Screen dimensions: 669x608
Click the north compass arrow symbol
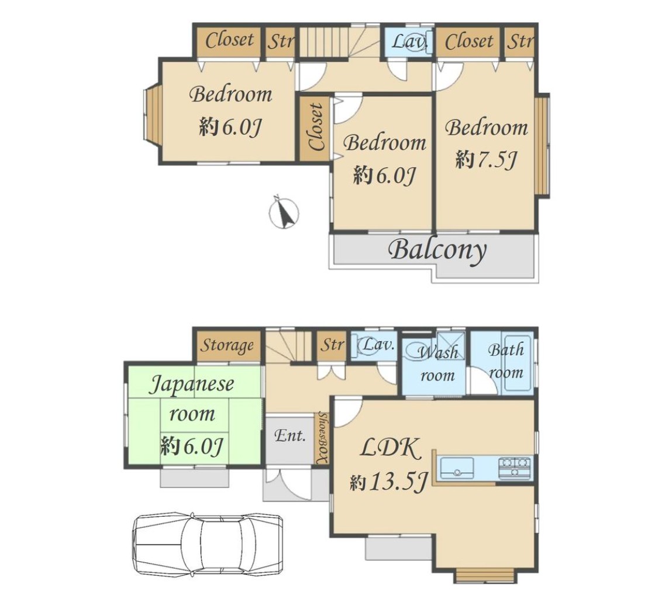point(284,212)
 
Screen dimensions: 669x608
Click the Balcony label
point(438,250)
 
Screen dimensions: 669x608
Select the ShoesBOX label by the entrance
point(322,438)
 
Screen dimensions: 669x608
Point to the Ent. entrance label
point(289,436)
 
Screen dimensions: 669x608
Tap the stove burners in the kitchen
point(515,468)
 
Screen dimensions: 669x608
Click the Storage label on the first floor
point(227,345)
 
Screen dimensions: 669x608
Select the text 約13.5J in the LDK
point(388,482)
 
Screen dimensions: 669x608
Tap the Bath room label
point(506,361)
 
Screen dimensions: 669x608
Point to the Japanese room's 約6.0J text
point(192,446)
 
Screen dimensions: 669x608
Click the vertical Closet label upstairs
point(316,127)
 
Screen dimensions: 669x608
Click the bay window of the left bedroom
point(152,113)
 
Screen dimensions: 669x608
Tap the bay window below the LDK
point(485,576)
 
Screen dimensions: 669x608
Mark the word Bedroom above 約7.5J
point(487,128)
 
